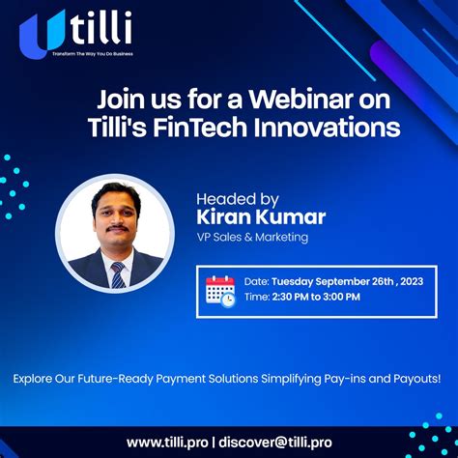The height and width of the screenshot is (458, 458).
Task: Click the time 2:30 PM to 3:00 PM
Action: click(x=317, y=298)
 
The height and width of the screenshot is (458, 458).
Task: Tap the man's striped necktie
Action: click(x=118, y=273)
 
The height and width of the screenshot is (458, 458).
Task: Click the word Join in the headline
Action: click(x=118, y=100)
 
